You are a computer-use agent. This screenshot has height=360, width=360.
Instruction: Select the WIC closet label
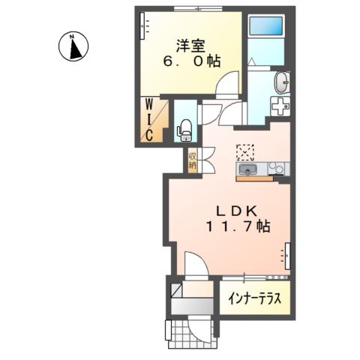pyautogui.click(x=150, y=118)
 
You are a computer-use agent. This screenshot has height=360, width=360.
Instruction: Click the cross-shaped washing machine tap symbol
pyautogui.click(x=280, y=106)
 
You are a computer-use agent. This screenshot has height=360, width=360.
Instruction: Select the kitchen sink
pyautogui.click(x=249, y=172)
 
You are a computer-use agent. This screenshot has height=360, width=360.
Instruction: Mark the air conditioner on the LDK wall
pyautogui.click(x=286, y=256)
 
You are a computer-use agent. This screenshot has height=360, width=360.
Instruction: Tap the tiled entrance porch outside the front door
pyautogui.click(x=178, y=330)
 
